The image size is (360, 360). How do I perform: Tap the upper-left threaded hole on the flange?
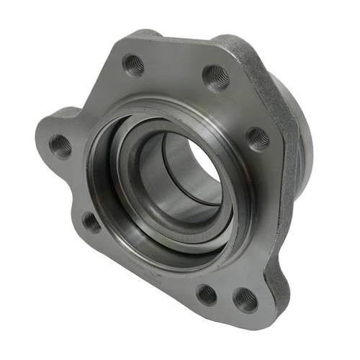[x=135, y=66]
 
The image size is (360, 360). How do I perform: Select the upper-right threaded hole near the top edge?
[x=215, y=75]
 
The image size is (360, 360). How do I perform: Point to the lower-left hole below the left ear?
[x=92, y=222]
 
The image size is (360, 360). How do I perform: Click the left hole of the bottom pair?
[x=207, y=293]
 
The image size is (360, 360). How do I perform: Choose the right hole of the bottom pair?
[x=246, y=300]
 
